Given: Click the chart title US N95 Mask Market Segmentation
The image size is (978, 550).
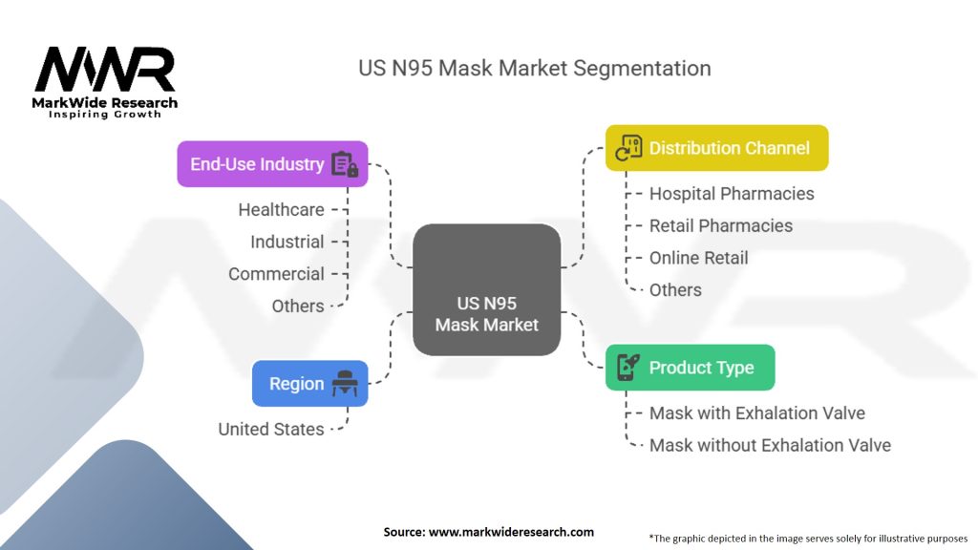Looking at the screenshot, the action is (x=534, y=69).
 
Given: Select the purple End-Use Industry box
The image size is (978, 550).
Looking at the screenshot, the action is (x=272, y=164).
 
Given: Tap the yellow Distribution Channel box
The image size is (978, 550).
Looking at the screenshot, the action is (x=716, y=148).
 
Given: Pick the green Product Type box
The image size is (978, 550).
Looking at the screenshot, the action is (x=690, y=368).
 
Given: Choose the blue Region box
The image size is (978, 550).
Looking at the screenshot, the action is (x=309, y=384).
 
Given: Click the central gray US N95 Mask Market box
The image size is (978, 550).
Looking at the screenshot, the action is (x=487, y=289).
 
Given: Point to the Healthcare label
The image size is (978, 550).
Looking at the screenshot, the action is (x=281, y=209).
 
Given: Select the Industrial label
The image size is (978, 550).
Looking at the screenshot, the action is (x=287, y=242).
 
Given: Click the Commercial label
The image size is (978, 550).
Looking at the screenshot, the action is (x=276, y=274).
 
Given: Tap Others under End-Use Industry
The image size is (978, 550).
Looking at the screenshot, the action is (x=298, y=306).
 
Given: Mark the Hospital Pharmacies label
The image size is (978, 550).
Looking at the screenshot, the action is (x=732, y=193).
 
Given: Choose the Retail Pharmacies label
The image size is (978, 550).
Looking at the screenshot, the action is (x=721, y=225).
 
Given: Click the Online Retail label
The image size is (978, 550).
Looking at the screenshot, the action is (x=698, y=258).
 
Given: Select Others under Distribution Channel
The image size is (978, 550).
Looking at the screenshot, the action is (x=675, y=289).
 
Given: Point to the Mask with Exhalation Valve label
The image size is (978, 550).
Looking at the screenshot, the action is (x=756, y=413).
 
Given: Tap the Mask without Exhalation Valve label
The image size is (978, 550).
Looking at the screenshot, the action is (x=770, y=445).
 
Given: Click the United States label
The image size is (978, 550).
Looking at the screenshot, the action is (x=271, y=429).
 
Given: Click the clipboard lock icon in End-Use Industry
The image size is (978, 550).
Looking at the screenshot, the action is (x=344, y=164).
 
